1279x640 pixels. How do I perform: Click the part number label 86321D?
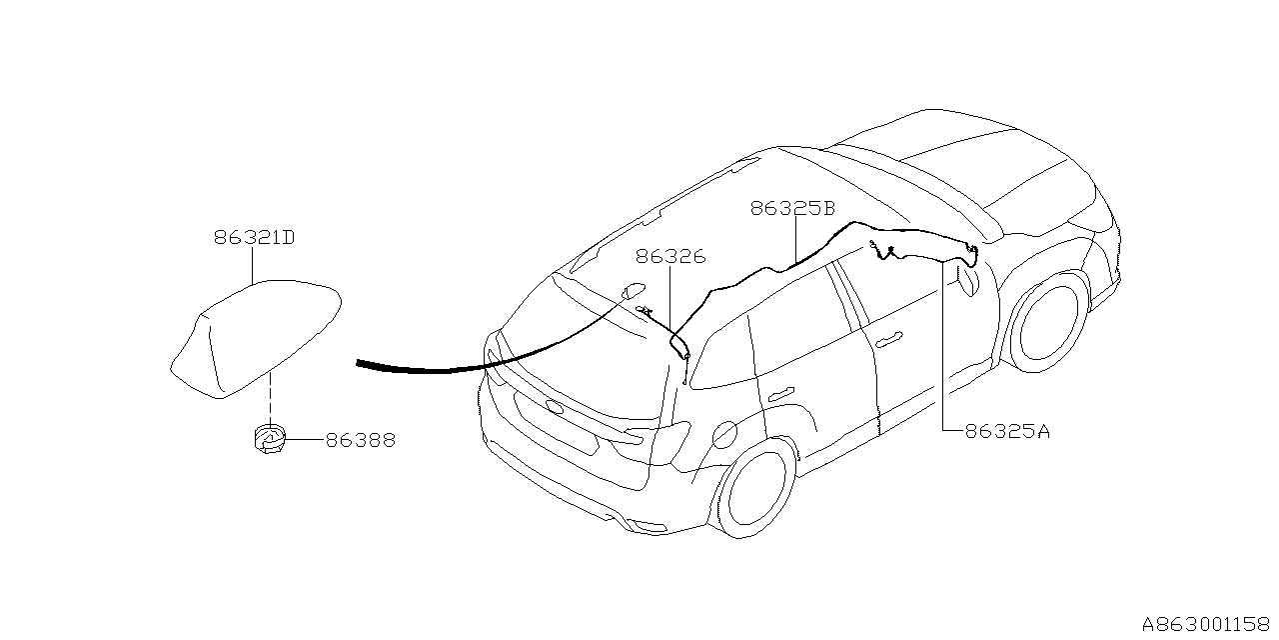[253, 238]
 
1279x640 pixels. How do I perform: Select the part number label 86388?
[360, 440]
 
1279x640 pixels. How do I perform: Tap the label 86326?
[670, 257]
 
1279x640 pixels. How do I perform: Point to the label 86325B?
[792, 209]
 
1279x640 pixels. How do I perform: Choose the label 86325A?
[1007, 432]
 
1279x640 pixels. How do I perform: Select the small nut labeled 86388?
[267, 438]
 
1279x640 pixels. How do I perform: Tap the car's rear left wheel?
[756, 490]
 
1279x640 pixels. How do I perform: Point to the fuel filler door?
[726, 434]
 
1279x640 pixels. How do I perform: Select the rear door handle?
[782, 392]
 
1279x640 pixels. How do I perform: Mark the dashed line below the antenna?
[269, 396]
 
